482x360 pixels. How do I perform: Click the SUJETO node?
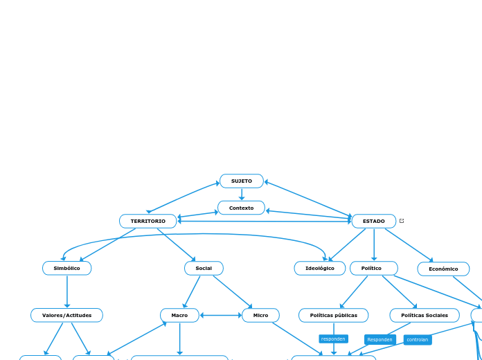point(242,181)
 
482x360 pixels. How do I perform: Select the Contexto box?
point(241,208)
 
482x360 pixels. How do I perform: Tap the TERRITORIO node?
point(148,222)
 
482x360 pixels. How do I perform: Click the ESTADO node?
point(374,222)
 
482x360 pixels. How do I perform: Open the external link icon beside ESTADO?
point(402,221)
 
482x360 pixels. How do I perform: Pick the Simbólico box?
point(67,269)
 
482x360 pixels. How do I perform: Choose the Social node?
point(204,269)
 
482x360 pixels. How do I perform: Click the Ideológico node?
point(320,269)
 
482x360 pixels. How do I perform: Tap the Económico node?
point(443,269)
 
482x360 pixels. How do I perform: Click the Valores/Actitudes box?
point(66,316)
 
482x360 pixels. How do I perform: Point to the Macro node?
point(179,316)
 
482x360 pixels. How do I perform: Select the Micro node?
point(260,316)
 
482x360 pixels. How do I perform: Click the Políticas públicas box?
point(334,316)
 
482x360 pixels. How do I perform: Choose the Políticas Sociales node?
point(425,316)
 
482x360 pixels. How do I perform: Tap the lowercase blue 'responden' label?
point(333,339)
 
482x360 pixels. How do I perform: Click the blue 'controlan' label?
point(418,340)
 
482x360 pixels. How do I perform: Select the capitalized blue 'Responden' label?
point(380,340)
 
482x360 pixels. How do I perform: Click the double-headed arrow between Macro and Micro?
point(220,316)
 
